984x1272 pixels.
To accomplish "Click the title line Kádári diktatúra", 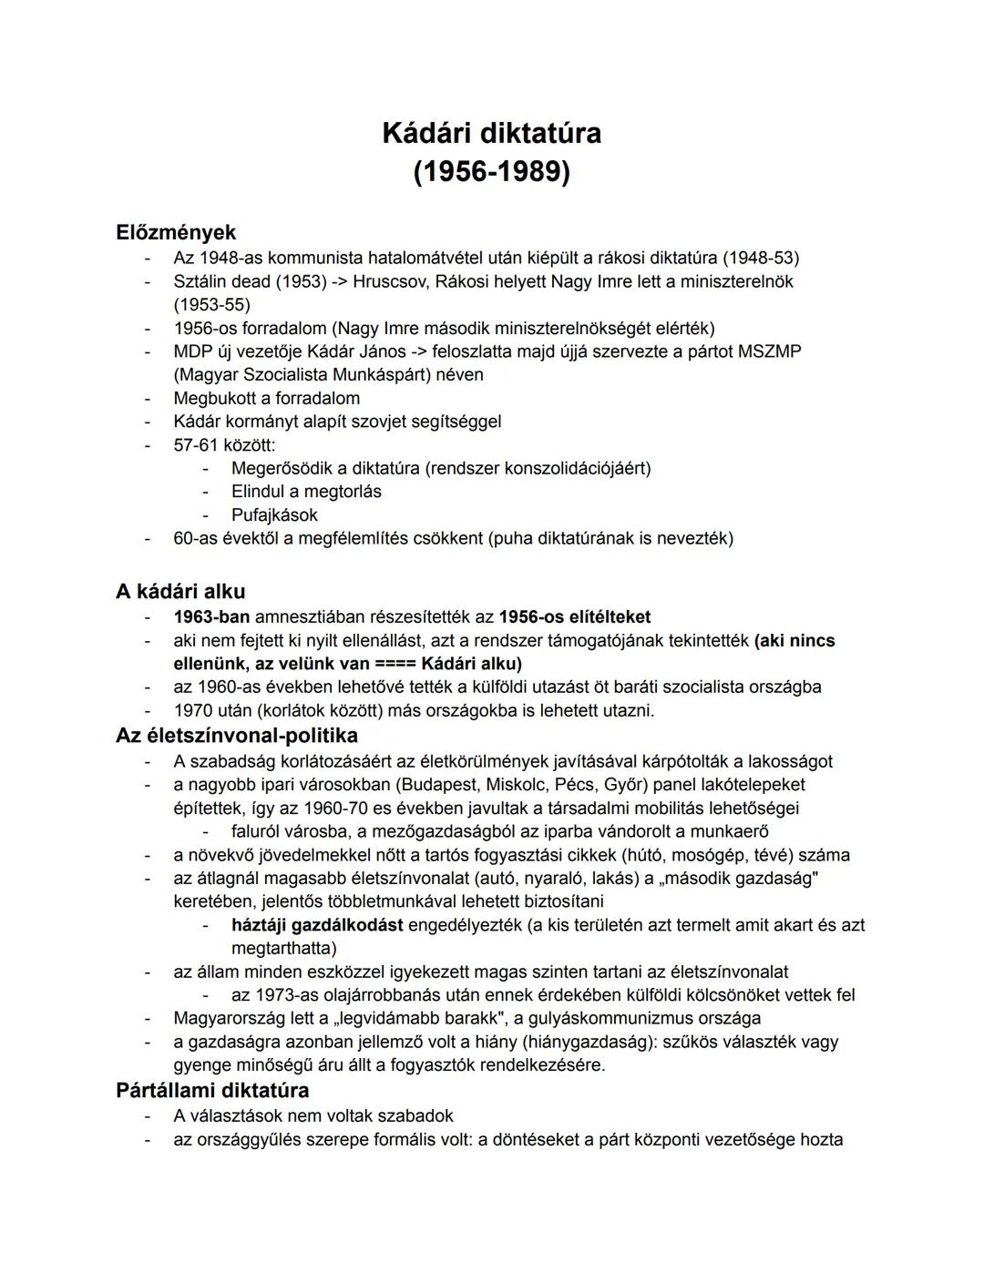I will [491, 133].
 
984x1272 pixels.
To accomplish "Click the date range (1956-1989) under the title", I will [491, 171].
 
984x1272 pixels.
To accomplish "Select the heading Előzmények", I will [176, 232].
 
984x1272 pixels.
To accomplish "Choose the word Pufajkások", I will [274, 514].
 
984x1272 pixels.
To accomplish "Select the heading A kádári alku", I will [180, 591].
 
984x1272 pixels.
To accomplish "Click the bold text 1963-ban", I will [211, 616].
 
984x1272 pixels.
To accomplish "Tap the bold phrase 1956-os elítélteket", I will [575, 616].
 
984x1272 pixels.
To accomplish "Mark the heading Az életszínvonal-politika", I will [237, 735].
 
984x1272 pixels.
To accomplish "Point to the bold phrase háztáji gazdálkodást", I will [317, 925].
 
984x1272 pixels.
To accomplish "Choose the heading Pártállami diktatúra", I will [212, 1090].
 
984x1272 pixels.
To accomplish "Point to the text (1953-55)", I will [211, 304].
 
